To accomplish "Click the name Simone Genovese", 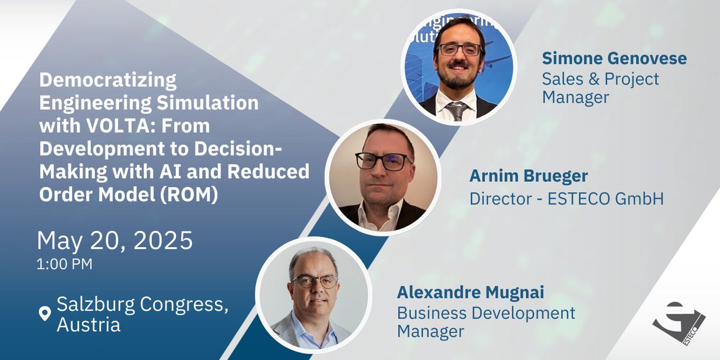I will coord(614,59).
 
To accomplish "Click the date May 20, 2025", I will coord(115,241).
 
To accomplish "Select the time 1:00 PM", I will coord(65,265).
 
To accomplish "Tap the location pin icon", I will coord(44,314).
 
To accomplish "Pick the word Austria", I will coord(89,325).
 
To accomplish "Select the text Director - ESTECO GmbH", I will coord(567,198).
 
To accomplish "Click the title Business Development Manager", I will coord(486,322).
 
